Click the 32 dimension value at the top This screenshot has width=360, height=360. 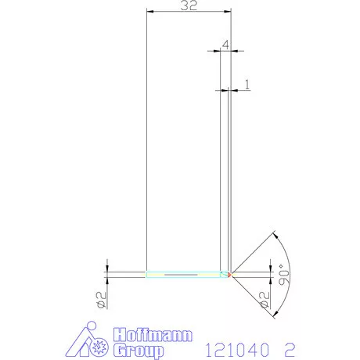click(188, 6)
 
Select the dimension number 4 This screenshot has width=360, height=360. click(225, 45)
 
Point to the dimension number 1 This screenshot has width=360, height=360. click(247, 82)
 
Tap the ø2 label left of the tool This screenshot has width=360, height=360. click(100, 298)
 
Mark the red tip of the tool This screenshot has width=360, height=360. click(230, 275)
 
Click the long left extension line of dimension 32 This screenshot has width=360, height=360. click(147, 141)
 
